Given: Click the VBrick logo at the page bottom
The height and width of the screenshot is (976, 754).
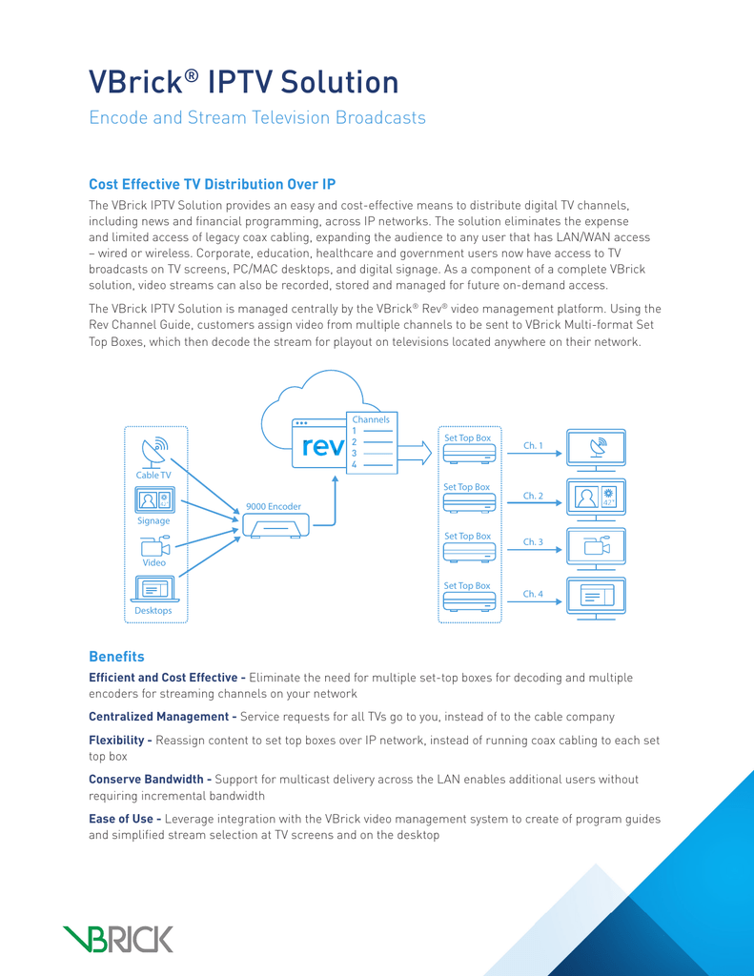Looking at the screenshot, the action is coord(117,939).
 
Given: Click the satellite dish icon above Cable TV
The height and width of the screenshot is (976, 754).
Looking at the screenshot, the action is coord(154,453).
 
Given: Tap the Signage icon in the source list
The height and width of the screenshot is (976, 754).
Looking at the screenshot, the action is coord(154,499).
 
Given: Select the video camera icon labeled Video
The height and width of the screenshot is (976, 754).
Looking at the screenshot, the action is coord(155,546).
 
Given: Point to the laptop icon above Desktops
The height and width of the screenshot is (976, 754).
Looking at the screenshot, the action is coord(155,589).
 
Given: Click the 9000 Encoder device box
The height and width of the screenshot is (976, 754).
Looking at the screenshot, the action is coord(275,526).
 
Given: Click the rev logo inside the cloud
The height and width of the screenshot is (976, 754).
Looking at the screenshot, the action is coord(322,446).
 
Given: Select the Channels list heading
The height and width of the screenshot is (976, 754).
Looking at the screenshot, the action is coord(371,419).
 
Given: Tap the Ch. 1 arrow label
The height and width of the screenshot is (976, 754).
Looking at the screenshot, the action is coord(533,446).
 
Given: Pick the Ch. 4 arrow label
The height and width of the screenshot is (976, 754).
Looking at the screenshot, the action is coord(533,594).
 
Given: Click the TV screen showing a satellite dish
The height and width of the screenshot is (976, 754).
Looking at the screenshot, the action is coord(596,447).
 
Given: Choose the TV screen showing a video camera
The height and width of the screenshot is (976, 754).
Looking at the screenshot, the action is coord(596,546).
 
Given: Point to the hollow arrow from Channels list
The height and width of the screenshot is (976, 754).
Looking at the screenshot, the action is coord(414,453).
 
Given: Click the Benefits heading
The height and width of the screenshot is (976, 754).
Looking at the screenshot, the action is coord(116,657).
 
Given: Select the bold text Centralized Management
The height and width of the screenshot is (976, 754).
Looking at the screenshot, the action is coord(159,717).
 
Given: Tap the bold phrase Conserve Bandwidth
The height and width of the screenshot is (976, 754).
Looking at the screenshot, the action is coord(146,780).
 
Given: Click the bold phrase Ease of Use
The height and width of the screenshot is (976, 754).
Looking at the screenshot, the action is coord(121,819).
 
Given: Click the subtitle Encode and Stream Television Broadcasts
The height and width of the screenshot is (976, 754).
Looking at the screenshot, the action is coord(257,117).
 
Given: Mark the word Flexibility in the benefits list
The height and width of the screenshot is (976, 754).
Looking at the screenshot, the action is coord(116,740).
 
